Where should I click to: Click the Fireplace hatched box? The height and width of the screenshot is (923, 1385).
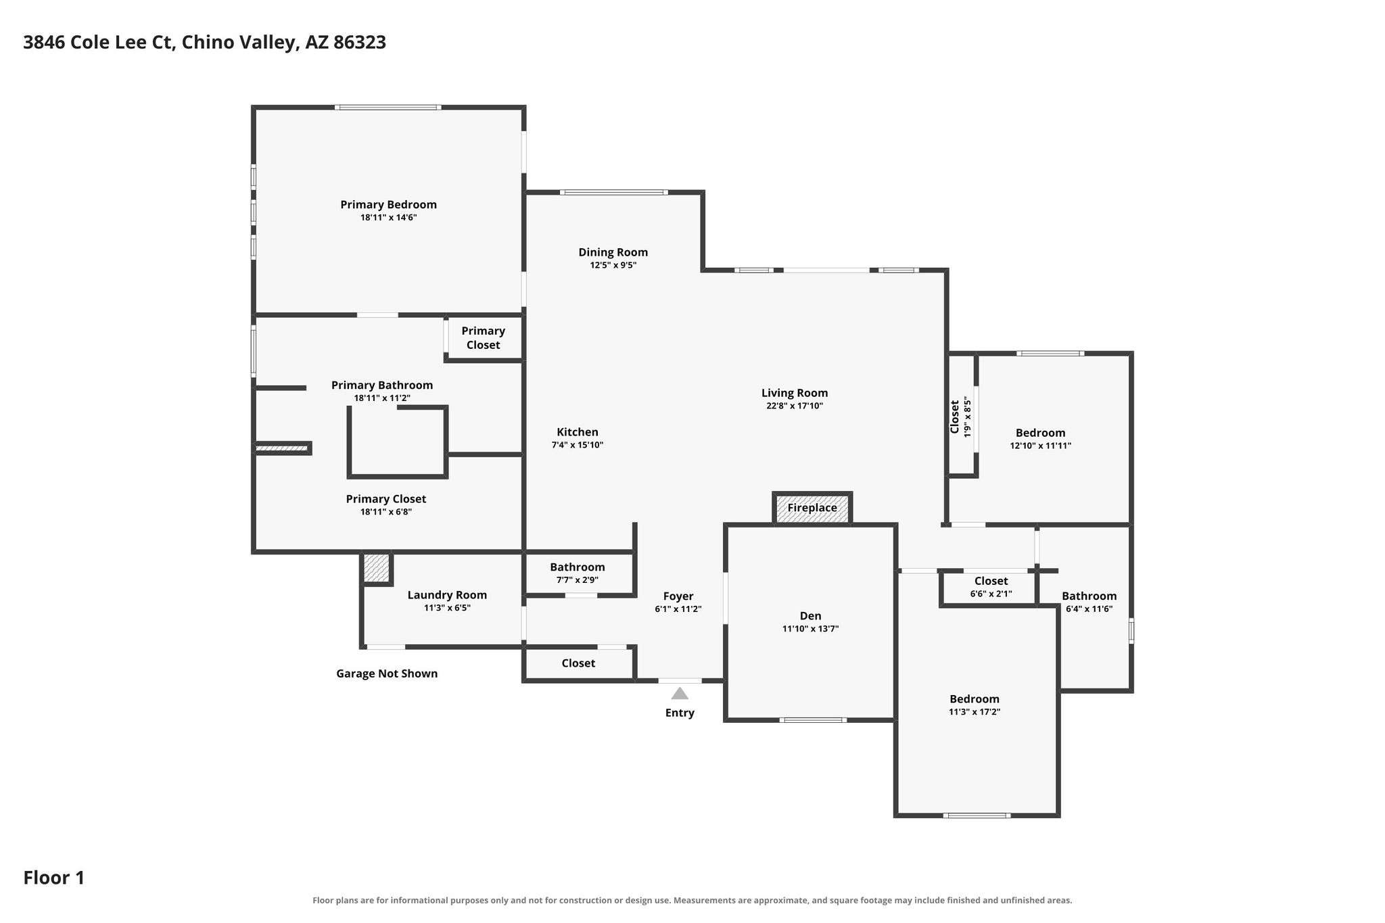point(812,508)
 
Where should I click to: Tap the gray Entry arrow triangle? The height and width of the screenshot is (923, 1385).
point(680,693)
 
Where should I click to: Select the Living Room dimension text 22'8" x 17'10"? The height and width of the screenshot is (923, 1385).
point(795,406)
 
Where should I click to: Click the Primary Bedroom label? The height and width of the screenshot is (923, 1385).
point(388,204)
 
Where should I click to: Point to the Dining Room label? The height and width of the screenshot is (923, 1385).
point(613,252)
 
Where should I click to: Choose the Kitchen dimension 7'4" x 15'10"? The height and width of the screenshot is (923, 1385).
point(578,445)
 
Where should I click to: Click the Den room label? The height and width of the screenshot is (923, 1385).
point(810,615)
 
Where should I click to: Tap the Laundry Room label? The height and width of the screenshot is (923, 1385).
point(447,595)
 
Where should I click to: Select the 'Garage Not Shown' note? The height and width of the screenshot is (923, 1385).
point(387,673)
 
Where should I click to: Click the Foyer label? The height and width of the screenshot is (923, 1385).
point(678,596)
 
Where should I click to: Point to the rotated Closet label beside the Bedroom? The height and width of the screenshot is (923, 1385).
point(954,417)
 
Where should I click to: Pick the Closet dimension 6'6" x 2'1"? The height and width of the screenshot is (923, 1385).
point(991,594)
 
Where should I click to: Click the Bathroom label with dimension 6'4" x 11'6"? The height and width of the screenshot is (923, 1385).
point(1089,596)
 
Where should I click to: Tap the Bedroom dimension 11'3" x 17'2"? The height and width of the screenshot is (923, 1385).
point(975,711)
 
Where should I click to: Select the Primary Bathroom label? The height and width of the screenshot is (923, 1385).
point(382,385)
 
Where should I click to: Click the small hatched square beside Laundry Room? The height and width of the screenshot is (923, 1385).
point(377,567)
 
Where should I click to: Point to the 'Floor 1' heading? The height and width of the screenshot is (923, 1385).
point(54,878)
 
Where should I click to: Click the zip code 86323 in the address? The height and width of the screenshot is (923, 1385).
point(360,43)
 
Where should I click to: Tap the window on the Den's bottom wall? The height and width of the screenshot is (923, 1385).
point(813,719)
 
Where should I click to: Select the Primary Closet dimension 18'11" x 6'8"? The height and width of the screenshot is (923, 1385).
point(386,512)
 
